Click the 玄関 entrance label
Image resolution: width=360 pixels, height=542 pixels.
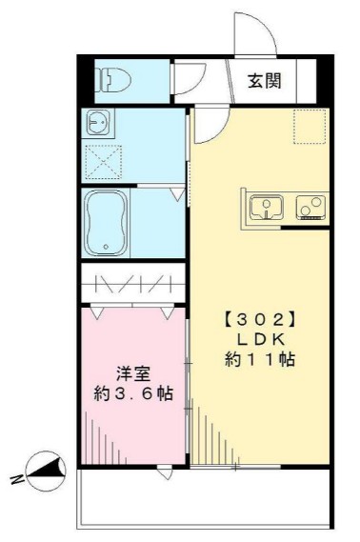coord(265,81)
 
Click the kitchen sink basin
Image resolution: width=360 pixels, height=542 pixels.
coord(266,205)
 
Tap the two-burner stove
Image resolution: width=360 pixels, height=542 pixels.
coord(310,206)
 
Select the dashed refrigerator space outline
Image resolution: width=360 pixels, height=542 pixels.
coord(309,126)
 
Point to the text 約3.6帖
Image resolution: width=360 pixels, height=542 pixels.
coord(132,392)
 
